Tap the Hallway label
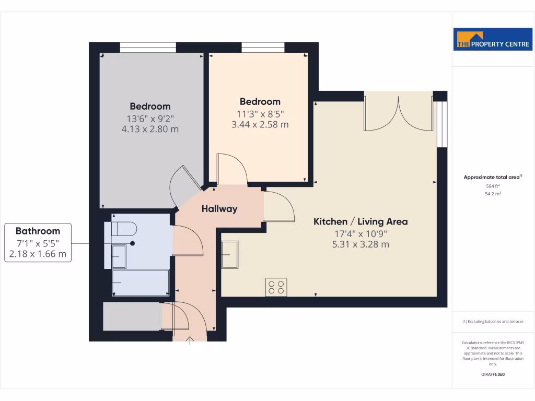click(x=219, y=209)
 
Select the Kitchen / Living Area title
click(x=360, y=221)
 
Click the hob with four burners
click(x=276, y=287)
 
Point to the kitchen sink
click(x=230, y=254)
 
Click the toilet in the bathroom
click(x=124, y=229)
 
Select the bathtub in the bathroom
click(x=140, y=282)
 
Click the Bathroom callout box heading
click(x=38, y=231)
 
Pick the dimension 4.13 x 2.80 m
click(x=150, y=128)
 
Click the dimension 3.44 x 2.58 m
click(x=260, y=124)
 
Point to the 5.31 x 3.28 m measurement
click(x=360, y=244)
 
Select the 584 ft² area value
click(x=493, y=186)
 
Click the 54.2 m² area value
click(x=493, y=194)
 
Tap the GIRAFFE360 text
click(x=493, y=374)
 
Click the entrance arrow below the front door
click(x=190, y=340)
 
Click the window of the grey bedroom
click(x=148, y=48)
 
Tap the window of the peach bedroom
click(x=263, y=48)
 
